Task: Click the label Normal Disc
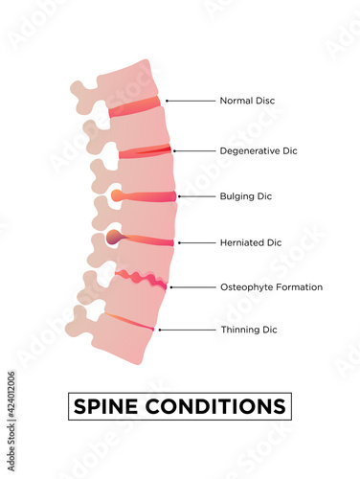(247, 100)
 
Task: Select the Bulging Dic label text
(246, 196)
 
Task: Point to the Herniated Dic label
(251, 242)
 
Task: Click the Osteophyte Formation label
(271, 286)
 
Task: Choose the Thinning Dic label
(248, 330)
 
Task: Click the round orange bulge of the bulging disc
(116, 195)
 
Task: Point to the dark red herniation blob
(114, 238)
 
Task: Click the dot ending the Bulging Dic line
(179, 196)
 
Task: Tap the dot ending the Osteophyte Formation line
(170, 286)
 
